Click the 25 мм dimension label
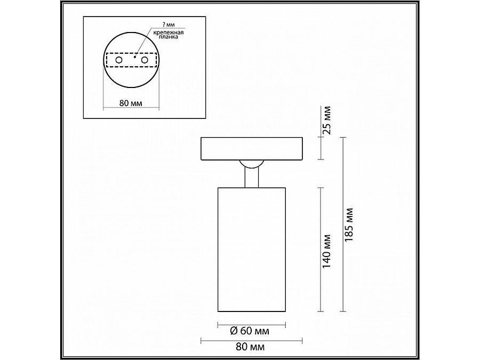(x=327, y=121)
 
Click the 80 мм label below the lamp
(x=250, y=347)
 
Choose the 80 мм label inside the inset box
(x=131, y=103)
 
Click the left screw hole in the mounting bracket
(x=119, y=61)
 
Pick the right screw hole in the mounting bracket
(x=143, y=61)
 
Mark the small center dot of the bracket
(x=135, y=57)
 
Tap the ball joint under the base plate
(x=251, y=164)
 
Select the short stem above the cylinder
(x=251, y=178)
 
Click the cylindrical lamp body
(x=251, y=249)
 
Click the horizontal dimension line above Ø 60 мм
(x=251, y=323)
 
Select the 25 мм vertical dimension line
(x=320, y=148)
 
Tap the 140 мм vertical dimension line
(x=320, y=249)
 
